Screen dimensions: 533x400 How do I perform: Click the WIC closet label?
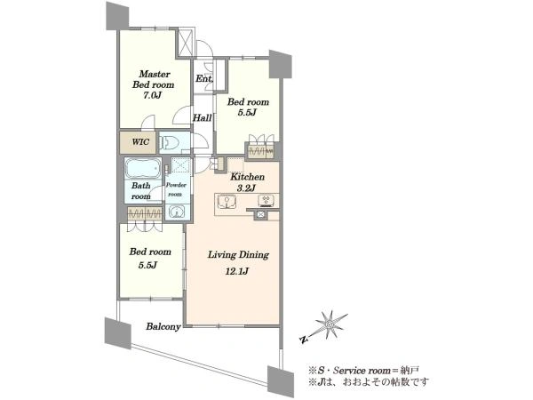(140, 141)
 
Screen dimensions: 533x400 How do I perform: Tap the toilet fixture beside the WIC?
(169, 142)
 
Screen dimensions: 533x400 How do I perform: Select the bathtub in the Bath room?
(143, 168)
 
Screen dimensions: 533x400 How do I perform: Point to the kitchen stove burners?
(266, 201)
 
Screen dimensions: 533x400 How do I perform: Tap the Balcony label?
(163, 326)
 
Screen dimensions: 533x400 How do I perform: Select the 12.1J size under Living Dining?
(237, 271)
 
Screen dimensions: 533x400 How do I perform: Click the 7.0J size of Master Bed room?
(152, 95)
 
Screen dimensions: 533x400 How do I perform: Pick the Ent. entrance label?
(204, 78)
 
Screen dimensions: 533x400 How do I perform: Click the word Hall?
(203, 118)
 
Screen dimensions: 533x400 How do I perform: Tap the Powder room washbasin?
(177, 212)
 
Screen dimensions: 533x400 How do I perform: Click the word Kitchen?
(248, 177)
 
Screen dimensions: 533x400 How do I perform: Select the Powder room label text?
(176, 189)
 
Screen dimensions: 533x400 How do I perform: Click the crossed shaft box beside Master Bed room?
(186, 43)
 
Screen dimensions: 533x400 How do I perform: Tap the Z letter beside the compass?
(304, 339)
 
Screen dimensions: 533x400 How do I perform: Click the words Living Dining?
(238, 255)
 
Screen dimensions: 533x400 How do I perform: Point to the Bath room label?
(141, 191)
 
